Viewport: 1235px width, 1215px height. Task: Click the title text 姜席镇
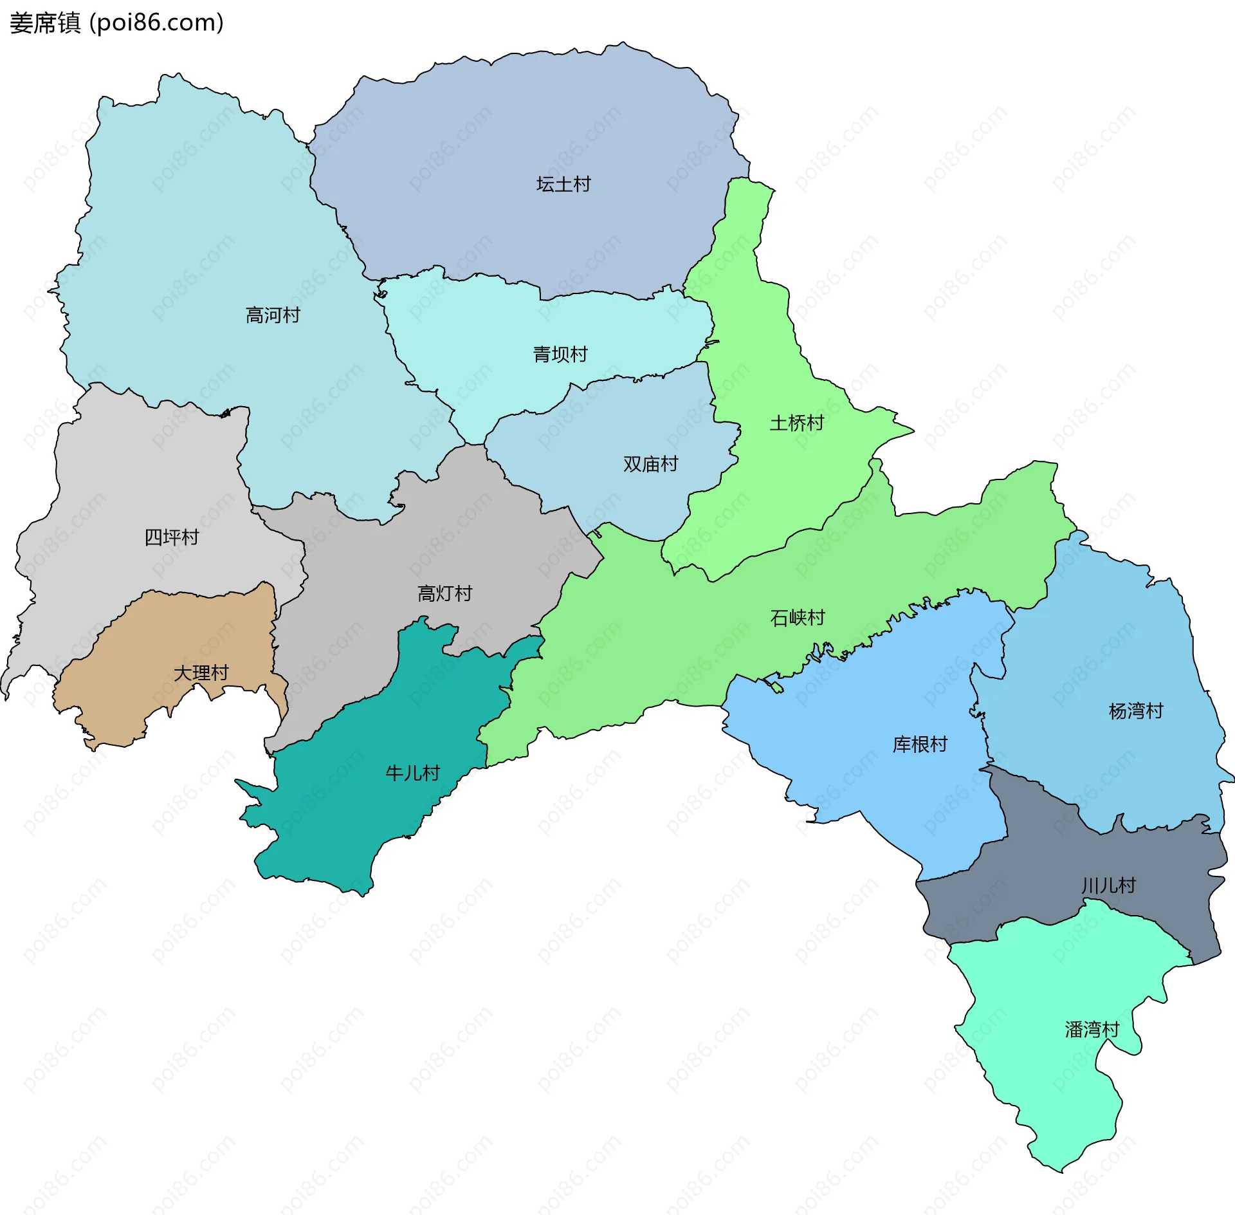(x=45, y=23)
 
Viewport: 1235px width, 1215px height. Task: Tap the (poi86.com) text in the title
(x=156, y=23)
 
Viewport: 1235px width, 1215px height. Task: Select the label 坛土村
(x=563, y=185)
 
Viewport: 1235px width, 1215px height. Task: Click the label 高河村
(x=273, y=315)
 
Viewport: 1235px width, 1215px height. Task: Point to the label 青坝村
(x=560, y=355)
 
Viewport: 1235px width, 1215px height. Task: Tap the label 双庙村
(x=650, y=464)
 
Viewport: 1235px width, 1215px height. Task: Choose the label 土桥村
(x=797, y=423)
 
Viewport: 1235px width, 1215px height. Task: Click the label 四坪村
(x=172, y=537)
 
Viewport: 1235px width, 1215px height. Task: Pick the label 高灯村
(x=444, y=593)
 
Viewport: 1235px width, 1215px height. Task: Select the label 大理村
(x=201, y=673)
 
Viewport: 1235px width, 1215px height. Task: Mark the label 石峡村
(x=798, y=618)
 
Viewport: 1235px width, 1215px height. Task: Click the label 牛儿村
(x=412, y=773)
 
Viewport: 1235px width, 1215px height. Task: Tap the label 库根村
(x=920, y=745)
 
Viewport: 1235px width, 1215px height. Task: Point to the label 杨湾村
(x=1136, y=711)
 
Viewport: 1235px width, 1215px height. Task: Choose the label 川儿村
(x=1108, y=886)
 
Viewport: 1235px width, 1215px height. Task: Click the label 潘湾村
(x=1092, y=1030)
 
